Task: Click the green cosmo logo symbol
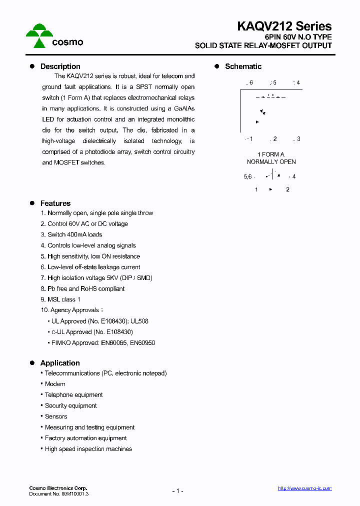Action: click(x=39, y=35)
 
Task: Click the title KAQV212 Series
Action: click(x=284, y=26)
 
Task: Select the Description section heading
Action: click(x=60, y=66)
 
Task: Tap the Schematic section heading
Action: click(x=243, y=66)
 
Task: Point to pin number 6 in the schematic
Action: click(x=250, y=83)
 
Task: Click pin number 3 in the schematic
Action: click(x=298, y=139)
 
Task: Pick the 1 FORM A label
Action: click(x=270, y=154)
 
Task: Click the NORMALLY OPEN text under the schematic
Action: click(x=271, y=162)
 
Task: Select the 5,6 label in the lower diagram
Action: click(x=247, y=176)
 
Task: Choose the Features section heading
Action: click(x=55, y=203)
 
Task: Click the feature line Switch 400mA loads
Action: click(x=74, y=234)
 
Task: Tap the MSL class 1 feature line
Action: click(x=63, y=299)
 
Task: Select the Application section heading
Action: click(x=60, y=363)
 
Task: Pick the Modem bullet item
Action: click(x=55, y=384)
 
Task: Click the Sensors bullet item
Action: click(x=56, y=416)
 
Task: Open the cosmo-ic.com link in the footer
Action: click(x=304, y=488)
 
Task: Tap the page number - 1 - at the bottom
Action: click(x=178, y=491)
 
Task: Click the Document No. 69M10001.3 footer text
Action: click(x=58, y=493)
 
